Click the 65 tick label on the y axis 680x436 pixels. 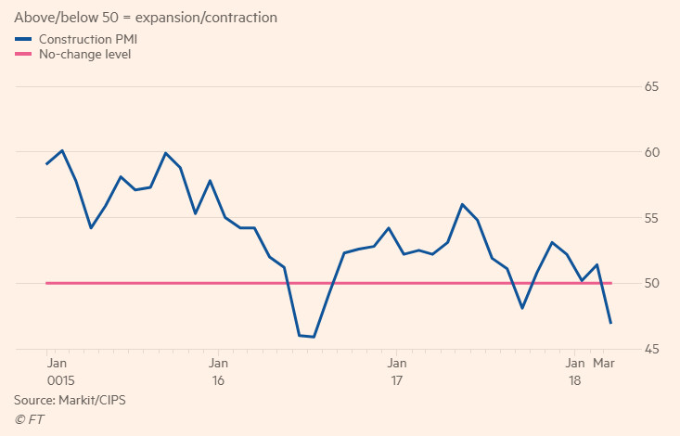652,87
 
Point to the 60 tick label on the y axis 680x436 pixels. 652,152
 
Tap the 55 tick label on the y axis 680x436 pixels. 652,218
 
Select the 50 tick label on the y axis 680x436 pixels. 652,283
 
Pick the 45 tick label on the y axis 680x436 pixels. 652,349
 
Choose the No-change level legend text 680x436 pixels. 84,55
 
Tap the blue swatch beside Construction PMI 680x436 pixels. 23,39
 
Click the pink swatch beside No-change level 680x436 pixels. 23,55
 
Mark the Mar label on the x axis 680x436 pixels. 604,363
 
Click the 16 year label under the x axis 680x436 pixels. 218,381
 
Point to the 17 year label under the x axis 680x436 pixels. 396,381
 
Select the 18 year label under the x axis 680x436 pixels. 574,381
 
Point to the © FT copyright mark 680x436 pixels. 29,419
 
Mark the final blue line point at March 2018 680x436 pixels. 611,323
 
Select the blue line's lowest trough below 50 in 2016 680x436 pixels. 314,337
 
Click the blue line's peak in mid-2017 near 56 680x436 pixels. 462,204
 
